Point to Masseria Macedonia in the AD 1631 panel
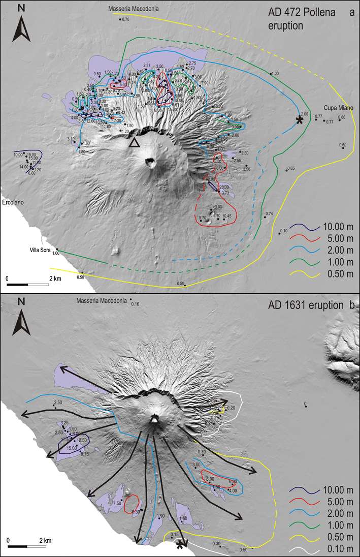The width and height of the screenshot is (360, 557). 101,300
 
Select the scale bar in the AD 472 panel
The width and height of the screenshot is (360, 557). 28,283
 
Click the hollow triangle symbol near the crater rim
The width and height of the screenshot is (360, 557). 134,143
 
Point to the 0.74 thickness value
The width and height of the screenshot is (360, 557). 269,213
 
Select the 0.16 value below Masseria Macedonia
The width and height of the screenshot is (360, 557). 136,304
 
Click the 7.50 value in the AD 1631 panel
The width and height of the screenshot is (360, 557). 117,503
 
